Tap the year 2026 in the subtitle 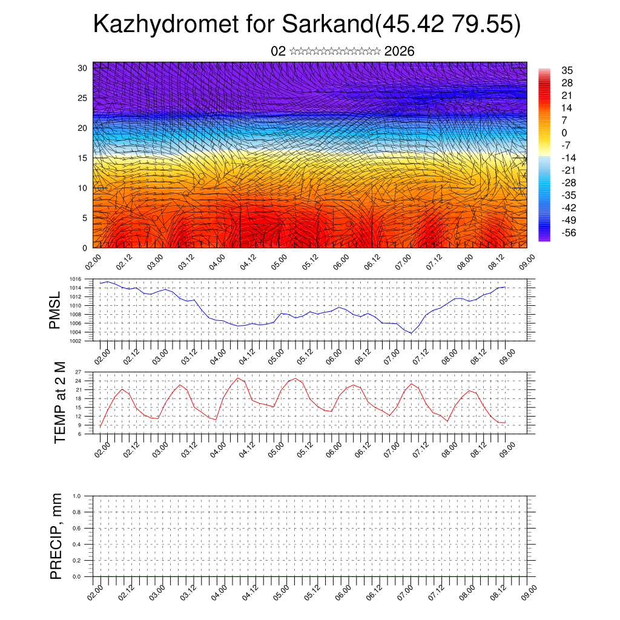tap(399, 51)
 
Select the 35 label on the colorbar tap(567, 71)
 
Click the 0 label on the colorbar tap(564, 133)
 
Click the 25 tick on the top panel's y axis tap(84, 97)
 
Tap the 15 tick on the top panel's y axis tap(84, 158)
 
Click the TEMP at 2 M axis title tap(59, 402)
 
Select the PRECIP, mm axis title tap(56, 536)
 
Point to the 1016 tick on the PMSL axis tap(83, 279)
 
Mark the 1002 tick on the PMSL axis tap(83, 341)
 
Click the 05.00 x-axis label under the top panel tap(279, 263)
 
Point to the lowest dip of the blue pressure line tap(411, 333)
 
